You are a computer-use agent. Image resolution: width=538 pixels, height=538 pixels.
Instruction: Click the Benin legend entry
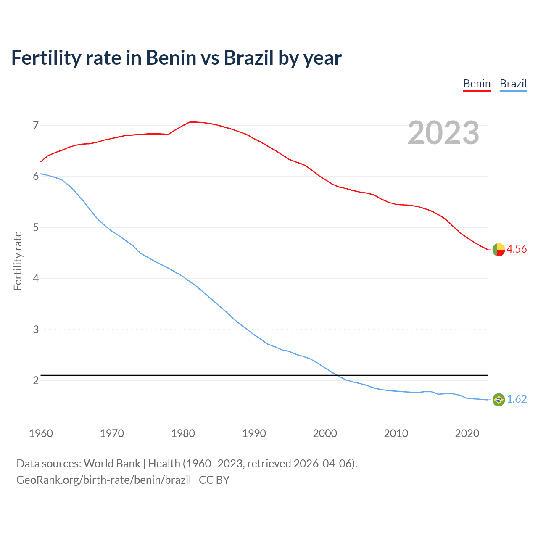pos(477,84)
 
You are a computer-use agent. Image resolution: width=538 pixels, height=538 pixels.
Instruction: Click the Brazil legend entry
pos(513,84)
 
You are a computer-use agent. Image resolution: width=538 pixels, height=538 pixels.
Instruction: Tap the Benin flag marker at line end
pos(498,250)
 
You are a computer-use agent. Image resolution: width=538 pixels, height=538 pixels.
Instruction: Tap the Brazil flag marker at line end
pos(498,399)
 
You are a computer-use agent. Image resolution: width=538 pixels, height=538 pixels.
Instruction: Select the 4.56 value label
pos(517,249)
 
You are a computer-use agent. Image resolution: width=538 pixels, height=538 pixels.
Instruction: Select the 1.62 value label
pos(517,399)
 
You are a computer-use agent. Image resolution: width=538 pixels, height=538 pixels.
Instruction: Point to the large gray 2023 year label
pos(443,133)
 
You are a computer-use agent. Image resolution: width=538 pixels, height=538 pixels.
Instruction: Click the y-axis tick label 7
pos(36,125)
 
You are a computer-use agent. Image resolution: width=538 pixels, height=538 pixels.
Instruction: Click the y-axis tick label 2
pos(36,380)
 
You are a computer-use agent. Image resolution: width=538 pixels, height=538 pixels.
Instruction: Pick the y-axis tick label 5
pos(36,227)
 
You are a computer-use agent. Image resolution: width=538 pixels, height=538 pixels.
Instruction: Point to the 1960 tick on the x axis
pos(41,433)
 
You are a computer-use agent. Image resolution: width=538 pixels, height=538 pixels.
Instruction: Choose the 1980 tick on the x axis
pos(183,433)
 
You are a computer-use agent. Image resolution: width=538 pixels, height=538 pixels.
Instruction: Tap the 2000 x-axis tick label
pos(325,433)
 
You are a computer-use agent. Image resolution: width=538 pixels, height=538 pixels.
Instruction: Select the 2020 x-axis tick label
pos(467,433)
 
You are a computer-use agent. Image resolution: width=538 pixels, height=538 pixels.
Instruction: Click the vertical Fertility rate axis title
pos(18,261)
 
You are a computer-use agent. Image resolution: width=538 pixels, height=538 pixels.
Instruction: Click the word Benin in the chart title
pos(171,58)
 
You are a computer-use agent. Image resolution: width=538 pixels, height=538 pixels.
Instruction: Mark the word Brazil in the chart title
pos(248,58)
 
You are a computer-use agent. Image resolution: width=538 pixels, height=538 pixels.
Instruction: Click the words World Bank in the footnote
pos(112,463)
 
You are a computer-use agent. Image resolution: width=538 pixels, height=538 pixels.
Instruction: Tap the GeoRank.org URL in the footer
pos(103,480)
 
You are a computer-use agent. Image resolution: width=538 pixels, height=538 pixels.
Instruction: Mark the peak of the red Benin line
pos(192,122)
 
